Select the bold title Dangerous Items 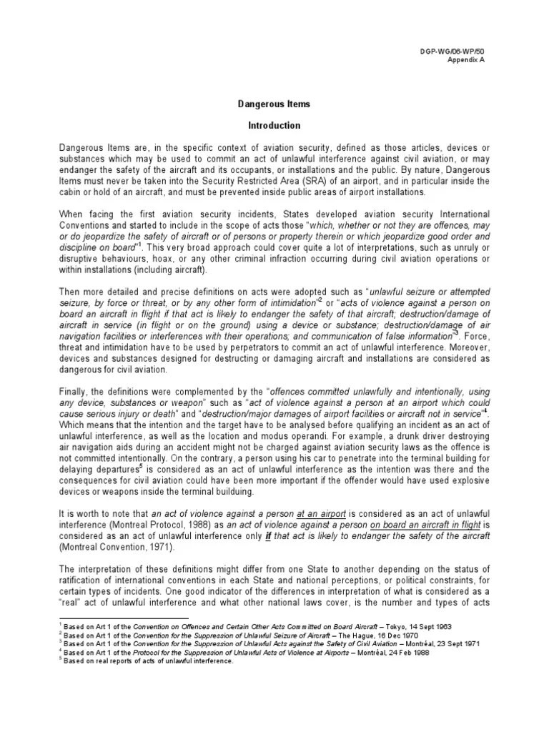274,104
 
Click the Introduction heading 274,125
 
